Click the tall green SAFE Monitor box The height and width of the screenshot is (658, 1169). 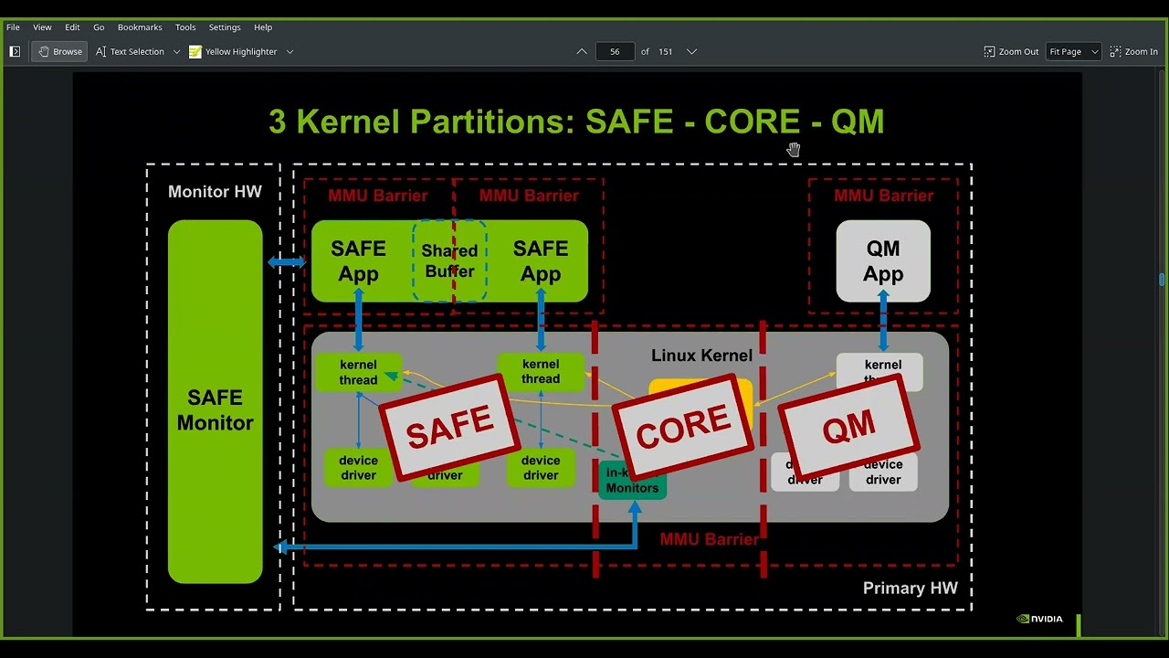[215, 402]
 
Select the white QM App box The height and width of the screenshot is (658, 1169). [883, 260]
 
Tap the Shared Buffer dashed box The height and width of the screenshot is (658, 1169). [449, 260]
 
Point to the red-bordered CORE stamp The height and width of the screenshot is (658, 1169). [683, 426]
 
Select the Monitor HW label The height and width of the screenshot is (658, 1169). [215, 192]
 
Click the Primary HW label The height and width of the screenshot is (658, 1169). [910, 588]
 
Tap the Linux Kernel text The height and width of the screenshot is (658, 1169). [701, 356]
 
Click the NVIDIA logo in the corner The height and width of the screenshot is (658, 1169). [1039, 619]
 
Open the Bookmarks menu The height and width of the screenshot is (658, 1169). [140, 27]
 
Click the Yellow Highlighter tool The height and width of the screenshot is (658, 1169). [233, 52]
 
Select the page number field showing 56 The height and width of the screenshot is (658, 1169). [615, 52]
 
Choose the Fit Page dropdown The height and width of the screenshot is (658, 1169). [1073, 52]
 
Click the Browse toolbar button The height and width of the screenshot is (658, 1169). [59, 52]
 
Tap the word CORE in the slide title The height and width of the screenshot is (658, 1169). [752, 122]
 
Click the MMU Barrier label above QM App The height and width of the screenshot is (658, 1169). [883, 196]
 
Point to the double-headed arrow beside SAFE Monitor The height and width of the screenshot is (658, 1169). [286, 262]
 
